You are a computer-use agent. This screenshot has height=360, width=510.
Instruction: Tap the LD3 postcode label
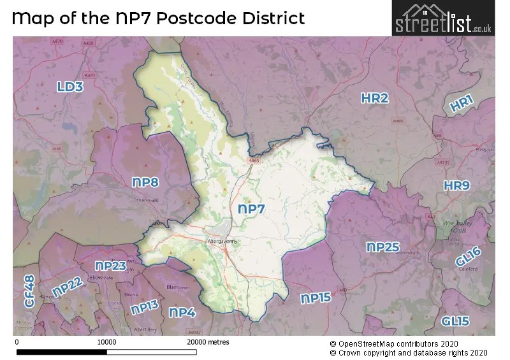(69, 87)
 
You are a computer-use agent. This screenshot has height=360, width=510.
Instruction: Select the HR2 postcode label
(374, 98)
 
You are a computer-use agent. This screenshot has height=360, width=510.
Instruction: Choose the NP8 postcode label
(145, 182)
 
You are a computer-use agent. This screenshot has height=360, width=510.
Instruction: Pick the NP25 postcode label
(383, 247)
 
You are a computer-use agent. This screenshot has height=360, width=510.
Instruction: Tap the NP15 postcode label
(316, 298)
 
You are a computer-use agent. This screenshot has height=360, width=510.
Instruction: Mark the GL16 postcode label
(469, 257)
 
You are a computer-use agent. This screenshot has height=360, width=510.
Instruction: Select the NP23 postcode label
(110, 266)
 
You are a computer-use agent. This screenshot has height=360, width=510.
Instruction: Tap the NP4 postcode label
(182, 312)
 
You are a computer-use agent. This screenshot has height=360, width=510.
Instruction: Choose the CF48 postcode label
(29, 291)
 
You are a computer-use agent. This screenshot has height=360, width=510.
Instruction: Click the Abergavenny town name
(222, 242)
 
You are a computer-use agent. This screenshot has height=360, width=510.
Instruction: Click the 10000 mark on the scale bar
(106, 342)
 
